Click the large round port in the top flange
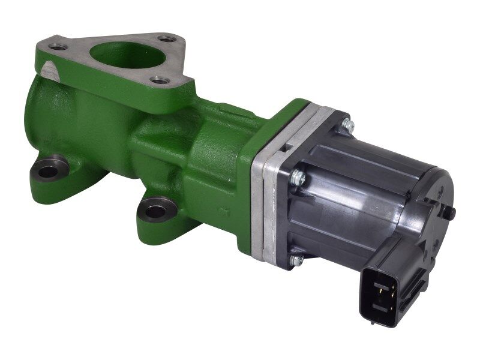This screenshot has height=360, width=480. point(127,57)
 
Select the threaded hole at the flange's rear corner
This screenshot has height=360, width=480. point(170,39)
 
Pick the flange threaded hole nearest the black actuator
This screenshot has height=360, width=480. point(159,79)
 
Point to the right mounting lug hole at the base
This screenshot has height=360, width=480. point(156,211)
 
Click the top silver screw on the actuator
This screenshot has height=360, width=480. point(347,125)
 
